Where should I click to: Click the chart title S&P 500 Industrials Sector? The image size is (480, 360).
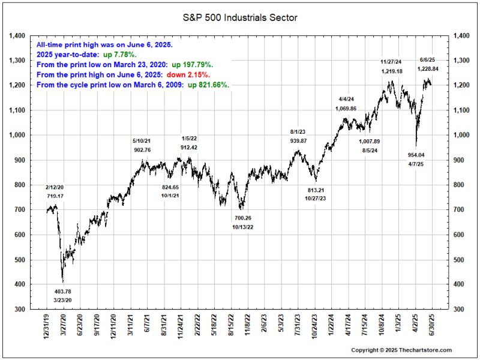coord(240,18)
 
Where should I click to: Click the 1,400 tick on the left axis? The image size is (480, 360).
coord(17,36)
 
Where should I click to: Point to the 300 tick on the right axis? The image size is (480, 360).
coord(462,309)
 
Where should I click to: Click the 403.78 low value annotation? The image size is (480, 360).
coord(63,292)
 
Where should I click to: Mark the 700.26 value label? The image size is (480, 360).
coord(243,218)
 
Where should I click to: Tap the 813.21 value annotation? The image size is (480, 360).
coord(315,189)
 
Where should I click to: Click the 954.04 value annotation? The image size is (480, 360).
coord(416,154)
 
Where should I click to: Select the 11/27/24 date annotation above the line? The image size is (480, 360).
coord(391,62)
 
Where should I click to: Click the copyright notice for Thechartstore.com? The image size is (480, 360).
coord(401,350)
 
